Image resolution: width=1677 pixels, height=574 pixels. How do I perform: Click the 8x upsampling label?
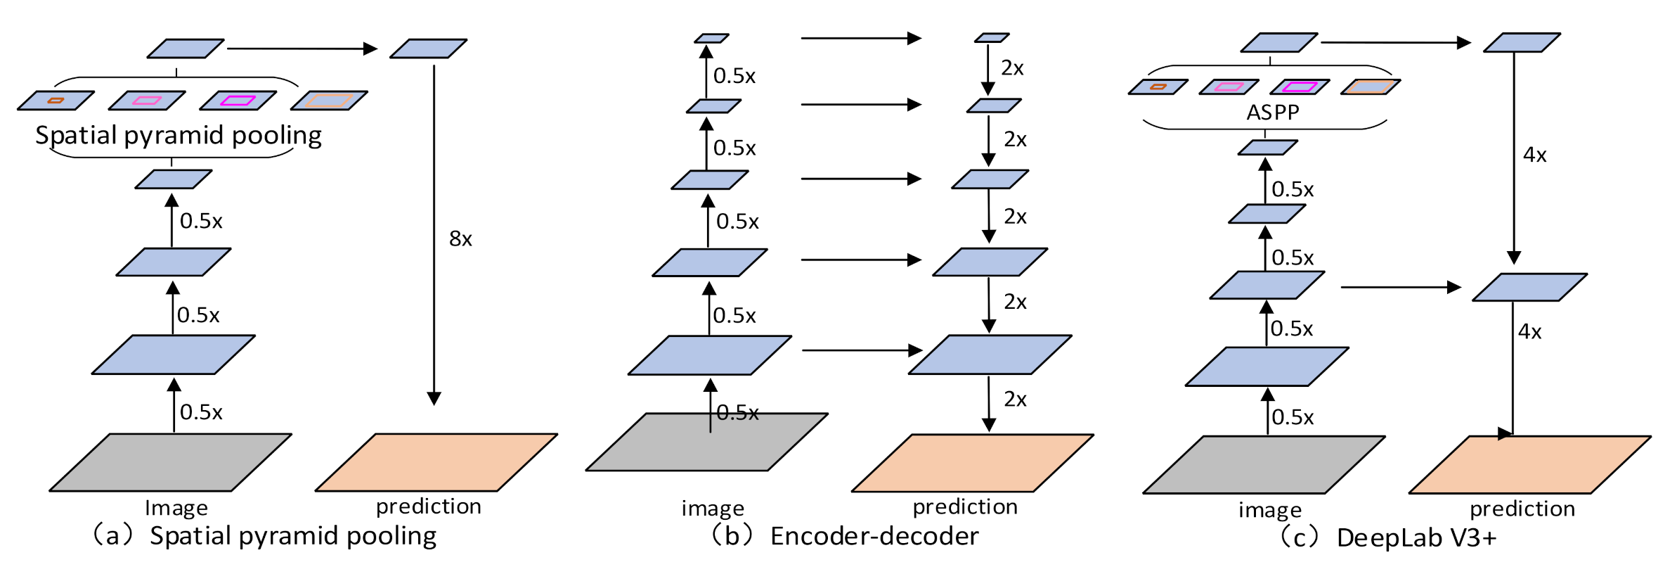click(460, 239)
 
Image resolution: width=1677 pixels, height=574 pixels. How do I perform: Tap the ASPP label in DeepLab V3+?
click(1272, 113)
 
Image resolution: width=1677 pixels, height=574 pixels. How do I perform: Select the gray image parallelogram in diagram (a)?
click(170, 462)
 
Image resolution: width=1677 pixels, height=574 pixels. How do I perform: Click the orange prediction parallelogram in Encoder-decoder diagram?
click(972, 462)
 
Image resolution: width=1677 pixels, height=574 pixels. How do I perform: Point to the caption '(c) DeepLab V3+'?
click(1388, 538)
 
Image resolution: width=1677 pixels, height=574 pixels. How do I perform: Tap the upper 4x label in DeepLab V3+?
click(1534, 155)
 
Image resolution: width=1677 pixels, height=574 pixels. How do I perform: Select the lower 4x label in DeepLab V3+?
click(1529, 331)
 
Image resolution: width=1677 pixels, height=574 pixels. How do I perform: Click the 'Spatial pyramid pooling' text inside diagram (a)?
click(179, 135)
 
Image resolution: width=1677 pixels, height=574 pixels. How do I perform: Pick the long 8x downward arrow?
click(434, 232)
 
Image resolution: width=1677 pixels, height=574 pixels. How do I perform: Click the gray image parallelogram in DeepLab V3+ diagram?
click(1264, 464)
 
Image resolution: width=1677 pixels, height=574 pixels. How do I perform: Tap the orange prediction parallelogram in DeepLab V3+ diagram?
click(1529, 464)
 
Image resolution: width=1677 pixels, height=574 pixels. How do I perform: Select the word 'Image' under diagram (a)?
click(176, 508)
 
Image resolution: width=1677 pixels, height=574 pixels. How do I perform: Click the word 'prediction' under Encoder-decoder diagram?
click(965, 507)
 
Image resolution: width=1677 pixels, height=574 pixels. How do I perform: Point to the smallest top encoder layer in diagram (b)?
click(711, 38)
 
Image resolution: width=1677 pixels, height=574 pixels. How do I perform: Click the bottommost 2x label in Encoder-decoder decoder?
click(1015, 400)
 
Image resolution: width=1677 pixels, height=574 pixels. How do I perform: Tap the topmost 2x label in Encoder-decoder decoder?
click(1012, 68)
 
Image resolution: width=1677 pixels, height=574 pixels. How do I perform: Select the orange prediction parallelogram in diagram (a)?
click(436, 462)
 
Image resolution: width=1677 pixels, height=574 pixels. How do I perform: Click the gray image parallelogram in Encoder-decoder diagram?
click(706, 442)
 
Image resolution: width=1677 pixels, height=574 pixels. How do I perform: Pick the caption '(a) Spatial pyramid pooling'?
click(264, 536)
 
